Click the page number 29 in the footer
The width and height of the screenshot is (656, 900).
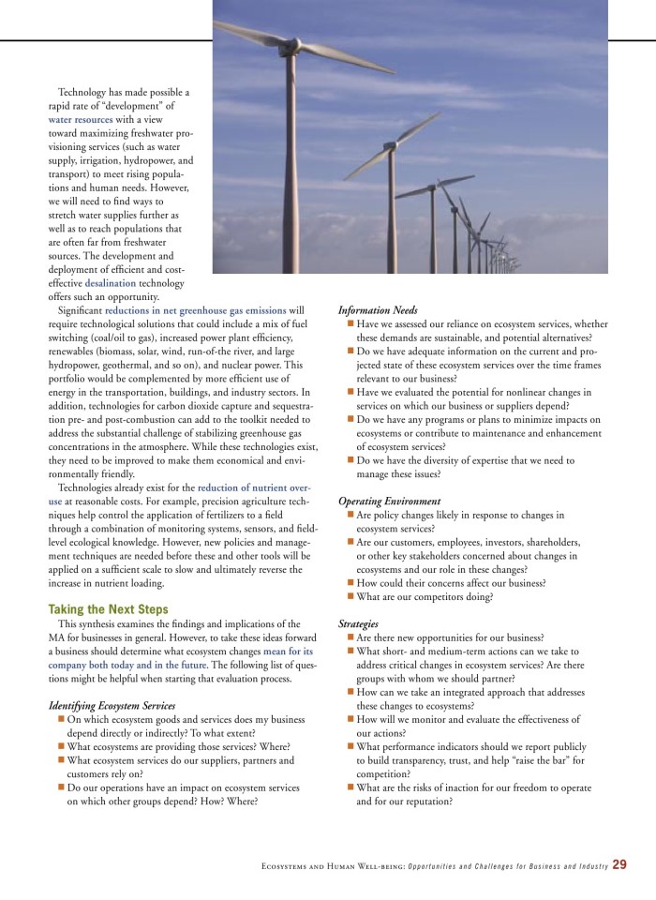coord(620,864)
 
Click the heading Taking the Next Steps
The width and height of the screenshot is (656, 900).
coord(109,608)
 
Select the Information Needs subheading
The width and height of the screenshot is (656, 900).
coord(378,310)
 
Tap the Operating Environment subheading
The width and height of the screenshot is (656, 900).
coord(389,502)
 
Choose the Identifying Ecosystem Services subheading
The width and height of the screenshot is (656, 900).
coord(112,705)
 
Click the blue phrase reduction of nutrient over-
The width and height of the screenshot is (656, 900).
coord(253,487)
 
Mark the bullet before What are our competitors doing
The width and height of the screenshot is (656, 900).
coord(350,596)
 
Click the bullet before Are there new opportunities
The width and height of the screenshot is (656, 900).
coord(350,637)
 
